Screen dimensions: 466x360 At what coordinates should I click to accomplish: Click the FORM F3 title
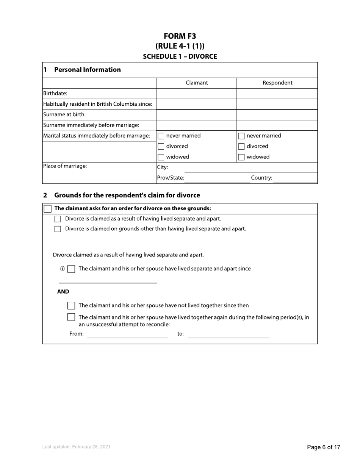pyautogui.click(x=180, y=36)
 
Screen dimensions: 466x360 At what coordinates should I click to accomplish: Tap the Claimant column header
pyautogui.click(x=196, y=83)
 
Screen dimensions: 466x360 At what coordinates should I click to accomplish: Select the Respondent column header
pyautogui.click(x=277, y=83)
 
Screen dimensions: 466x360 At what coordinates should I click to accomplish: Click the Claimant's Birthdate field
pyautogui.click(x=196, y=94)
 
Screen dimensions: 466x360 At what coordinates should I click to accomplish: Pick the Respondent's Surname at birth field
pyautogui.click(x=277, y=115)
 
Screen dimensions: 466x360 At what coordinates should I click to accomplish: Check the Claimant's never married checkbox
pyautogui.click(x=161, y=136)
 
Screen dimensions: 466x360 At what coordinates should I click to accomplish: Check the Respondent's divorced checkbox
pyautogui.click(x=241, y=147)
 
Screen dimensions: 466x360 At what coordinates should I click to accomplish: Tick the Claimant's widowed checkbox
pyautogui.click(x=161, y=157)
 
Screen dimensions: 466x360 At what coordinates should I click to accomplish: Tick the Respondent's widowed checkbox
pyautogui.click(x=241, y=157)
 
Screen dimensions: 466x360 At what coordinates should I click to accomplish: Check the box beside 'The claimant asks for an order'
pyautogui.click(x=48, y=209)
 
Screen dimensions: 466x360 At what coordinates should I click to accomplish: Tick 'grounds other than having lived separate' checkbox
pyautogui.click(x=58, y=229)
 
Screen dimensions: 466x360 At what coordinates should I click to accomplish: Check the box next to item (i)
pyautogui.click(x=71, y=269)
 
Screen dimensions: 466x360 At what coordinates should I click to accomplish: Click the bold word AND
pyautogui.click(x=63, y=292)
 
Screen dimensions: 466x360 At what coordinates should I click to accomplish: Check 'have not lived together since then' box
pyautogui.click(x=71, y=306)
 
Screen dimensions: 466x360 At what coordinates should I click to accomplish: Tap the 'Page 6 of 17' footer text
pyautogui.click(x=323, y=447)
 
